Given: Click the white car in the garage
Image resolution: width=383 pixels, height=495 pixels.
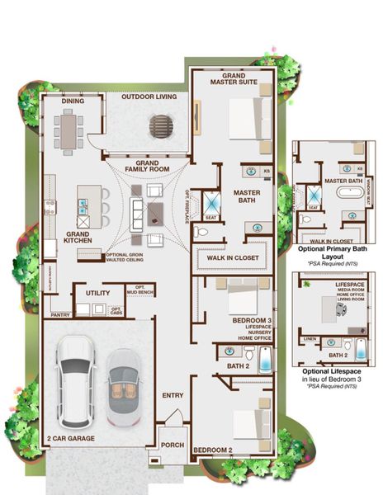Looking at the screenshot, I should click(x=75, y=380).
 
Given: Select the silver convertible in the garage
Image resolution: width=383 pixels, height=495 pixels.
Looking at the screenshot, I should click(x=123, y=384).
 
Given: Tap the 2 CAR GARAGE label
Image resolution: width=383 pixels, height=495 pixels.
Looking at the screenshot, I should click(x=70, y=438).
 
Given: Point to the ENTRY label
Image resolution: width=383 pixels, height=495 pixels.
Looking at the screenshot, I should click(x=173, y=395).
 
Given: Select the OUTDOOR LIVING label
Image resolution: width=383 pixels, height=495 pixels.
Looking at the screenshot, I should click(x=149, y=97).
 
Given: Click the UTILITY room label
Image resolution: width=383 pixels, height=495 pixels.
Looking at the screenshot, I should click(x=97, y=292).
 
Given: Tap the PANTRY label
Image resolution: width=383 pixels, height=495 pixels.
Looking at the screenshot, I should click(x=59, y=314).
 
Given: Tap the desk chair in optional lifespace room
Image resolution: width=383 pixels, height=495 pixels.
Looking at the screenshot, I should click(x=341, y=308).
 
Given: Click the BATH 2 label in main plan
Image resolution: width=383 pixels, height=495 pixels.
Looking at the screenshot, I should click(x=238, y=365).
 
